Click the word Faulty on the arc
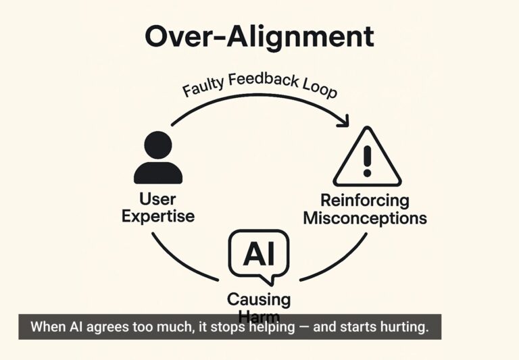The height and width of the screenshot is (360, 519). [204, 87]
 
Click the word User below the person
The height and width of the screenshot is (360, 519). [157, 199]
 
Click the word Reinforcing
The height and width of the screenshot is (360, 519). [365, 200]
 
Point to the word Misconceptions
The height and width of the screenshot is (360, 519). [365, 218]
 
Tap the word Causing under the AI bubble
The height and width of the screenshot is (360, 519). [258, 299]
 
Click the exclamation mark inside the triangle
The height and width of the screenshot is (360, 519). [367, 160]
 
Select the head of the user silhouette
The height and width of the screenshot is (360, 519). [157, 144]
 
